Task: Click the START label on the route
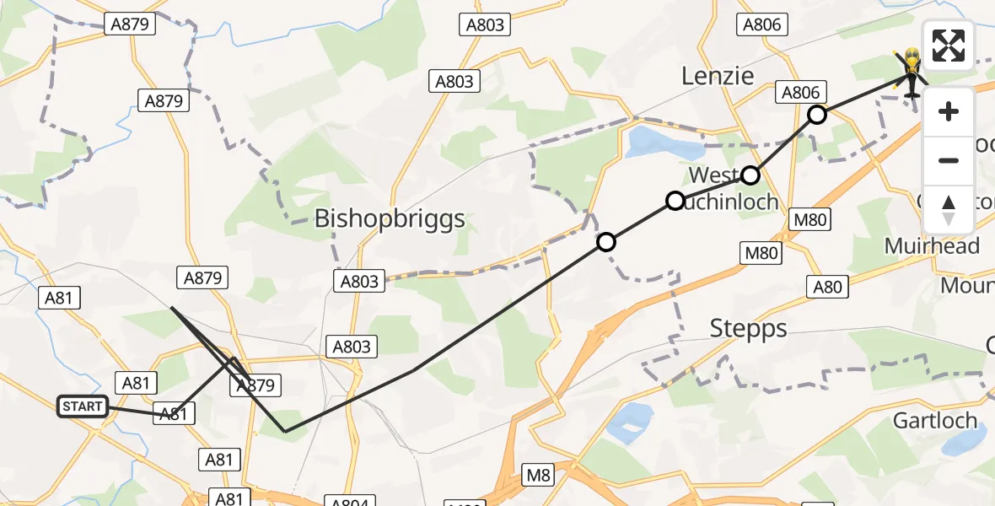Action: pyautogui.click(x=83, y=407)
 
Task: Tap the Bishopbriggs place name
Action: pyautogui.click(x=390, y=219)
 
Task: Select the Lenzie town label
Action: pyautogui.click(x=718, y=77)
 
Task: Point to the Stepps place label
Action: pyautogui.click(x=749, y=328)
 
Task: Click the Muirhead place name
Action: pyautogui.click(x=932, y=246)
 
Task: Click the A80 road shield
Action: pyautogui.click(x=826, y=287)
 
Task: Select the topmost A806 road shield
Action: pyautogui.click(x=762, y=24)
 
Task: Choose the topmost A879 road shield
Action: pyautogui.click(x=134, y=24)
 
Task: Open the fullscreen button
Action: pyautogui.click(x=949, y=46)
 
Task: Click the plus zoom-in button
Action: pyautogui.click(x=949, y=111)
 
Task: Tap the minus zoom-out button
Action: pyautogui.click(x=949, y=160)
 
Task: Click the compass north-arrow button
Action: pyautogui.click(x=949, y=209)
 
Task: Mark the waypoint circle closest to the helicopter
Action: pyautogui.click(x=816, y=115)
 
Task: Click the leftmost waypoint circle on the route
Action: pyautogui.click(x=606, y=243)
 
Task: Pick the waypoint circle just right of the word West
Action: pyautogui.click(x=750, y=175)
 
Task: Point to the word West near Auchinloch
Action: pyautogui.click(x=713, y=175)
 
